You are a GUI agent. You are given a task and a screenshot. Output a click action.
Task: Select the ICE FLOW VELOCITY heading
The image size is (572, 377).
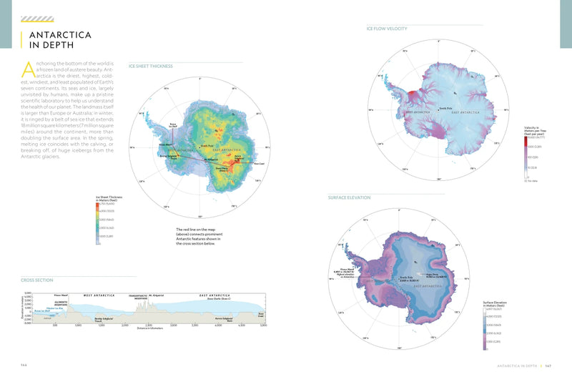click(387, 29)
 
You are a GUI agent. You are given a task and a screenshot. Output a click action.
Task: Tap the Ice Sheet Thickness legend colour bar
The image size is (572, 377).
click(97, 222)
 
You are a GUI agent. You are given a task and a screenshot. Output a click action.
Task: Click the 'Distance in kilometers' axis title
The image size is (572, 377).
click(148, 330)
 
